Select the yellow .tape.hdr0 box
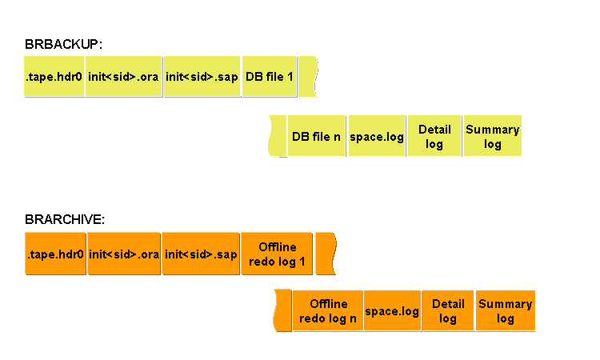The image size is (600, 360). coord(54,77)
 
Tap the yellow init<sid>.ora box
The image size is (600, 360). coord(124,77)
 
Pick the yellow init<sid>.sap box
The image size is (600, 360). coord(202,77)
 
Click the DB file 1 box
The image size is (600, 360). coord(270,77)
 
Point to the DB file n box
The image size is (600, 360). coord(317,136)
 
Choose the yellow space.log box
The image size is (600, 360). coord(377,136)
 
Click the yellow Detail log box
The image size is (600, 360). coord(434,136)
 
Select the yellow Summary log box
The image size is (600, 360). coord(492,136)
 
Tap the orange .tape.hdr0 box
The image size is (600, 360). coord(55,254)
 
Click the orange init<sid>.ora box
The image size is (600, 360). coord(125,254)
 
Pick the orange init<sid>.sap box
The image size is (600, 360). coord(201,254)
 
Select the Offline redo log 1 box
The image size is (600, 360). coord(277,254)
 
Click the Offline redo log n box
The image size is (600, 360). coord(328,310)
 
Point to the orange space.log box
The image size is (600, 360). coord(392,310)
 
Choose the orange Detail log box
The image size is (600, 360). coord(448,310)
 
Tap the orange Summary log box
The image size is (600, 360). coord(505,310)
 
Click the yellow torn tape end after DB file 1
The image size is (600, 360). coord(309,77)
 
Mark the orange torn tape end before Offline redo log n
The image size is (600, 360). coord(282,310)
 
